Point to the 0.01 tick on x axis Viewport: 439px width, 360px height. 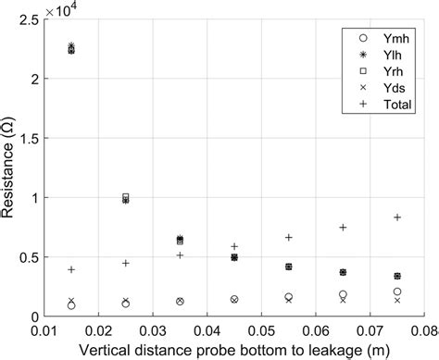tap(44, 329)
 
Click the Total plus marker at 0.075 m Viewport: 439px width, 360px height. tap(397, 217)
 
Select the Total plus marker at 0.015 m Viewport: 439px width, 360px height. tap(71, 269)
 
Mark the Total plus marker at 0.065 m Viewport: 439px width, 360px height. tap(343, 227)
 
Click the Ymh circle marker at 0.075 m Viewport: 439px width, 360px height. tap(397, 292)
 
